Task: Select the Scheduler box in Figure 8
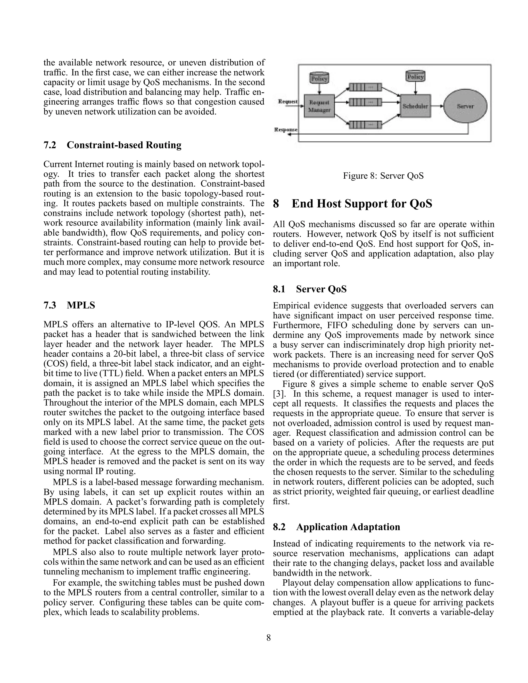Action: (415, 106)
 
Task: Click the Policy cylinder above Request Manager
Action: (319, 78)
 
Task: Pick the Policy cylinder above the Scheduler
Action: (415, 76)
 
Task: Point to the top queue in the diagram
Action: (365, 87)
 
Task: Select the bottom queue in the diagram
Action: (365, 125)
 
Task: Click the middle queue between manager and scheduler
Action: (365, 102)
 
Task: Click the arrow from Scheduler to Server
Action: (437, 106)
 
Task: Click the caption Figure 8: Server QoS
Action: (383, 176)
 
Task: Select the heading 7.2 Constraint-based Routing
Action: (112, 145)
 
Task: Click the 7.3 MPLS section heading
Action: (69, 305)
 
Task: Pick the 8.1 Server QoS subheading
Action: (310, 289)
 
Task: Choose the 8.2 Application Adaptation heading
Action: (336, 527)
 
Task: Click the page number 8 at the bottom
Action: (268, 638)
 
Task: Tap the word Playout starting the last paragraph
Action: (296, 583)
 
